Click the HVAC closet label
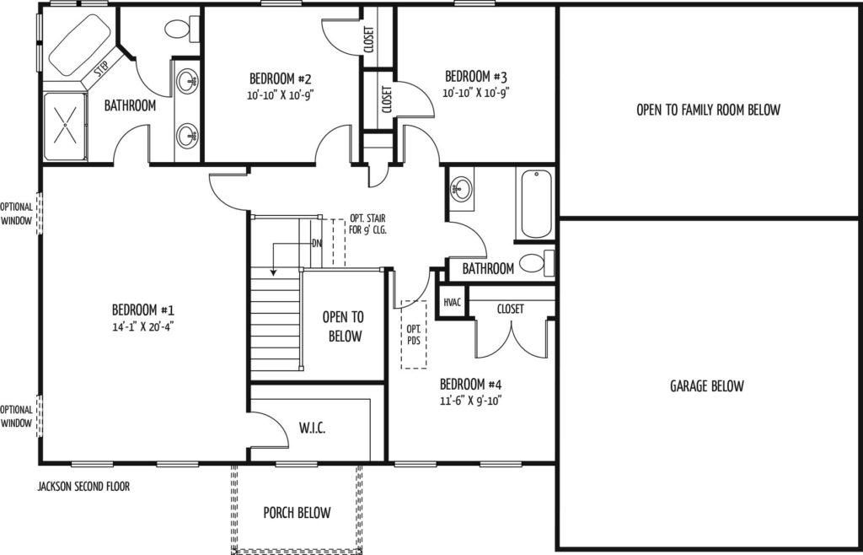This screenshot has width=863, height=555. click(x=452, y=302)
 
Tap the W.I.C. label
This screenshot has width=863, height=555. click(x=312, y=428)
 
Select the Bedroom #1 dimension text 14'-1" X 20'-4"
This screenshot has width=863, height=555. click(x=143, y=326)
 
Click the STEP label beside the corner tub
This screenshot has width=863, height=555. click(x=101, y=70)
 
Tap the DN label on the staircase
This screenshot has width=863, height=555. click(x=317, y=243)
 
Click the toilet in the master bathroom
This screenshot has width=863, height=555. click(x=182, y=29)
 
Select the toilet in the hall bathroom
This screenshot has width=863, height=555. click(x=537, y=263)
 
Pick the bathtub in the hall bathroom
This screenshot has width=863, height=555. click(x=536, y=204)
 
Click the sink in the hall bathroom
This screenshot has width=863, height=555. click(x=461, y=189)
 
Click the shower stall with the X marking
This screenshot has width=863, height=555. click(x=65, y=126)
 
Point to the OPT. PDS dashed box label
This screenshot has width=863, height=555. click(x=414, y=334)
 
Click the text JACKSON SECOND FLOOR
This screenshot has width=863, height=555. click(x=83, y=487)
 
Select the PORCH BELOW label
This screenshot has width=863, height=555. click(x=297, y=513)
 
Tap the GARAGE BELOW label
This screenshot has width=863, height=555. click(x=707, y=386)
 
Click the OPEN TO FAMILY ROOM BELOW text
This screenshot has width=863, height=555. click(x=708, y=110)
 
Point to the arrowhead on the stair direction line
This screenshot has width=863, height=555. click(x=273, y=272)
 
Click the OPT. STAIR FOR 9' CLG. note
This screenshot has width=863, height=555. click(x=368, y=224)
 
